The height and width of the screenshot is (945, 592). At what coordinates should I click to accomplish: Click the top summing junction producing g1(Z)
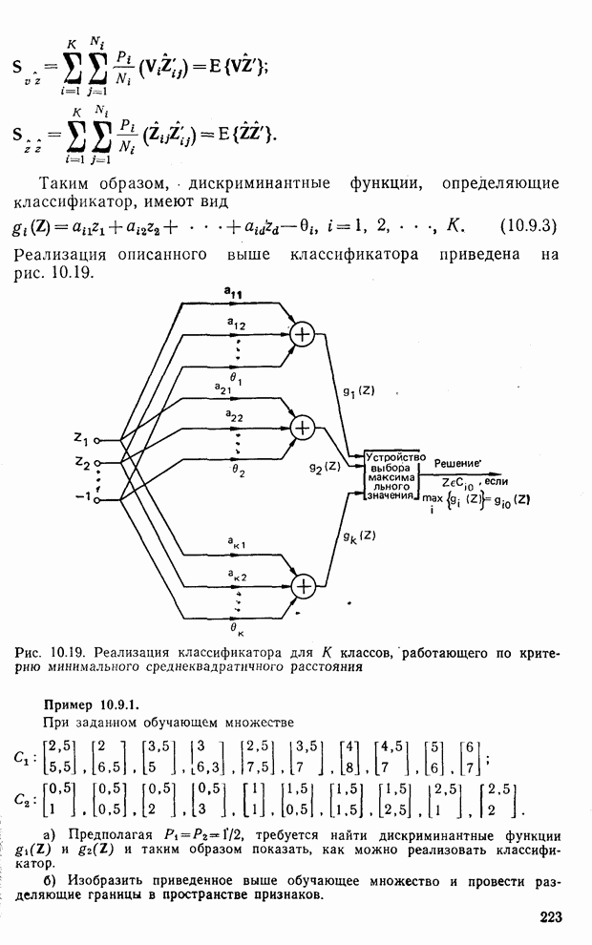pos(303,333)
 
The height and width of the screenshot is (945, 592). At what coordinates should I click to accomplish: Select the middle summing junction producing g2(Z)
pos(303,429)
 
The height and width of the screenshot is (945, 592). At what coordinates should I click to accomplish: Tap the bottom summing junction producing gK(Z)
pos(303,584)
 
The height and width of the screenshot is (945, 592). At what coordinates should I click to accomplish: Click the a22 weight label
pos(233,414)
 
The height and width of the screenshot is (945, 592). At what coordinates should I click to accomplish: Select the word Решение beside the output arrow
pos(456,462)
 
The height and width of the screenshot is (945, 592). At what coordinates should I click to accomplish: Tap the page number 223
pos(551,917)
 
